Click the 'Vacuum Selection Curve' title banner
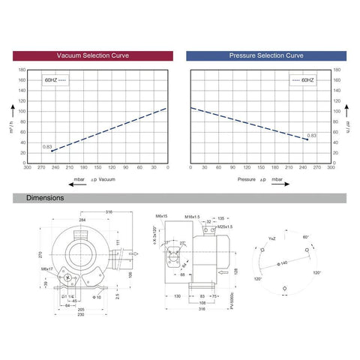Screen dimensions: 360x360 coord(94,55)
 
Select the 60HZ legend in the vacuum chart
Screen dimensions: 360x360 coord(55,77)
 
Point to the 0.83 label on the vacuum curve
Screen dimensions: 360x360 coord(47,146)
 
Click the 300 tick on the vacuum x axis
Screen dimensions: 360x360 coord(28,168)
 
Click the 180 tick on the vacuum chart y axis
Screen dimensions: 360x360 coord(21,70)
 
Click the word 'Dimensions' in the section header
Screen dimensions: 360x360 coord(45,198)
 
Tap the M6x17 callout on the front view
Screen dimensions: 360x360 coord(47,268)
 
